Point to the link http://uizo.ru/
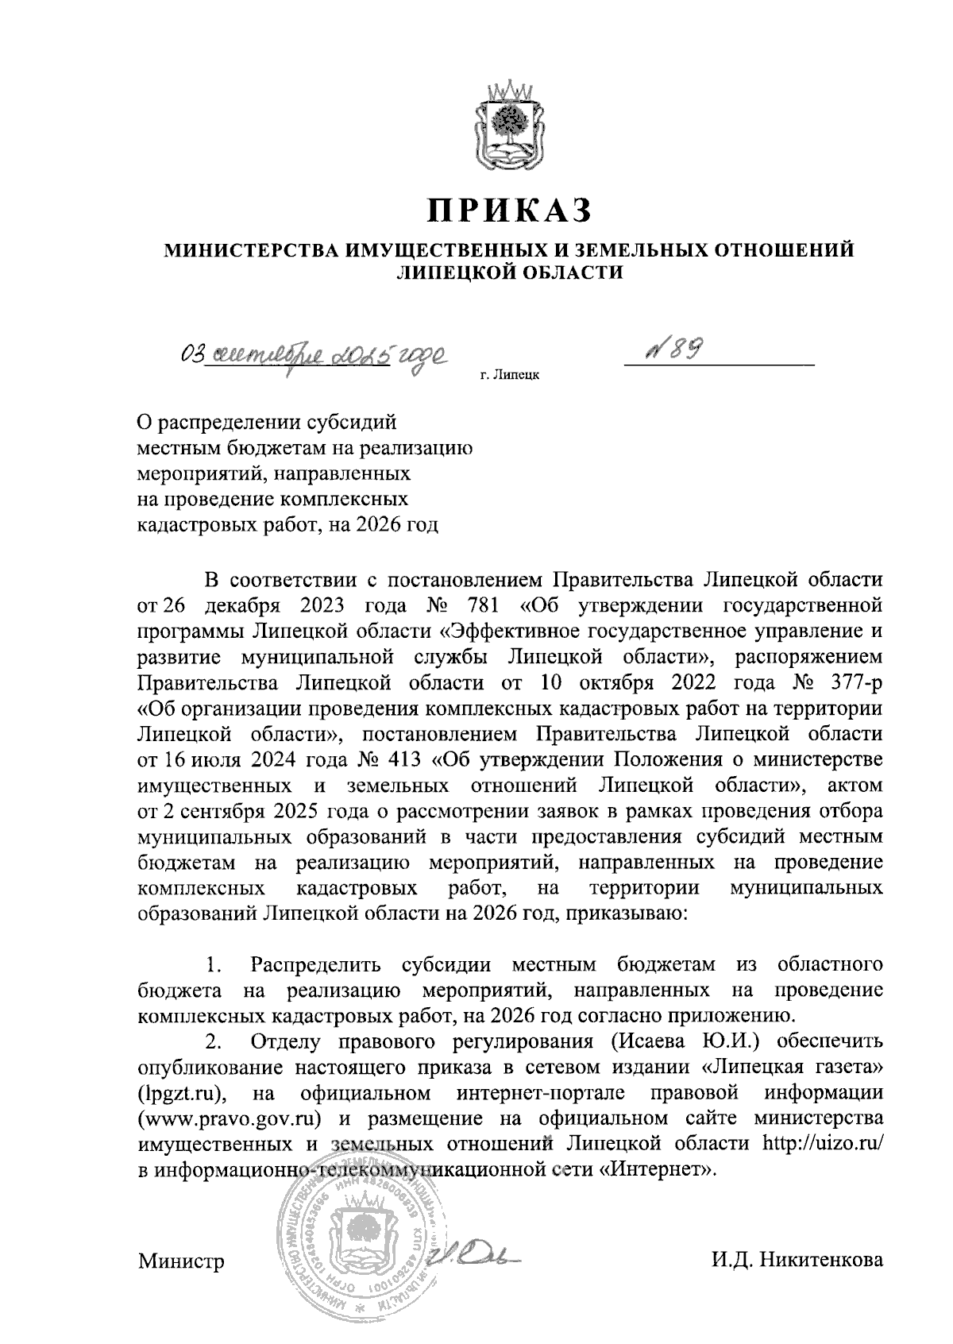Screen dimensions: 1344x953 [x=822, y=1142]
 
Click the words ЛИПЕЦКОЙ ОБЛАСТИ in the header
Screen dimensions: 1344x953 [x=509, y=272]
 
